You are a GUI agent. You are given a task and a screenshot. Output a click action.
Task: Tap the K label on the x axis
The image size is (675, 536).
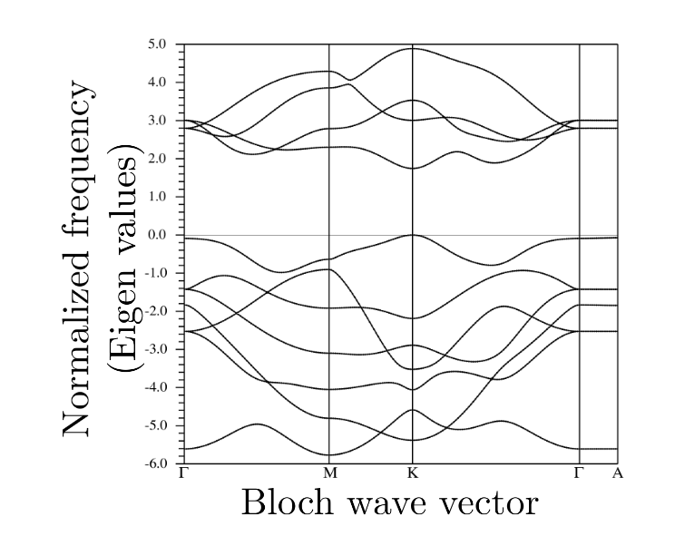[x=413, y=473]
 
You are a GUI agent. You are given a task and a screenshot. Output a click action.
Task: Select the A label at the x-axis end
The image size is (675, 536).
[x=617, y=473]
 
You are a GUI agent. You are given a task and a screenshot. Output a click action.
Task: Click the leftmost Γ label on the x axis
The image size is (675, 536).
[x=184, y=473]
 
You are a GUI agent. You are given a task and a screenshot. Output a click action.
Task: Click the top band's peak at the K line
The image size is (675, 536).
[x=413, y=48]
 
